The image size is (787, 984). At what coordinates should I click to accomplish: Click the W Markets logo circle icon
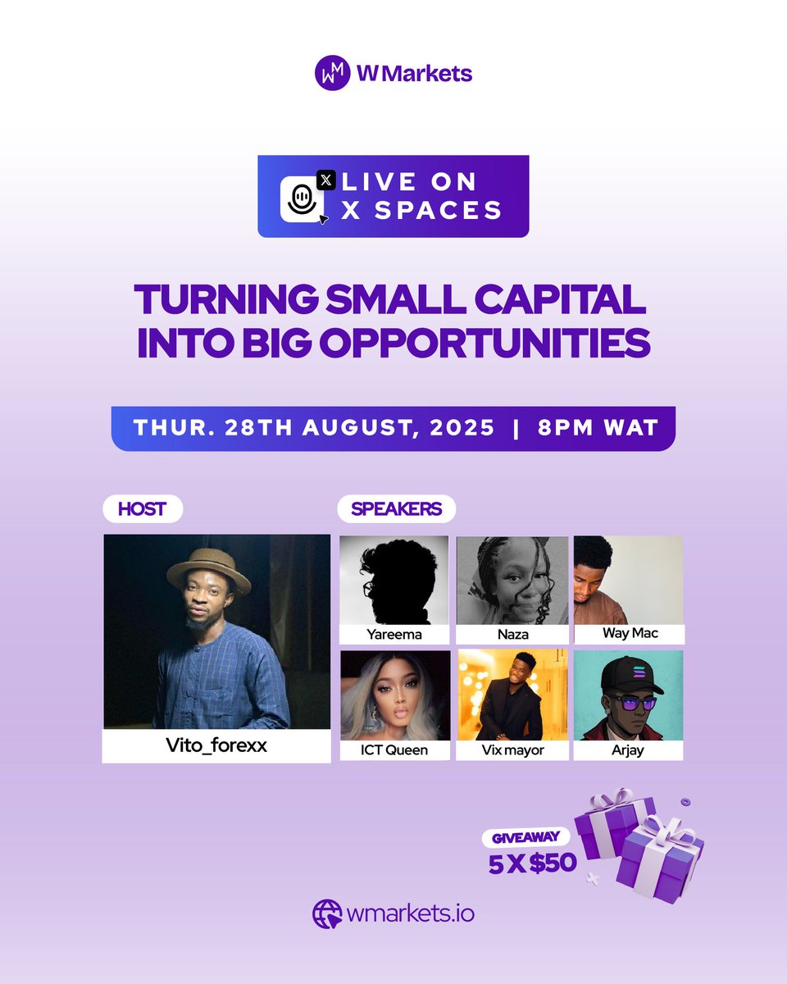click(x=333, y=73)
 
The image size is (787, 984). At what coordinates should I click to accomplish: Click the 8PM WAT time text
click(x=597, y=428)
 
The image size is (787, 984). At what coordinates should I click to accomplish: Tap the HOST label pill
click(x=142, y=508)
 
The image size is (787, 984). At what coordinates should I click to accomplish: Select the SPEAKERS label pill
click(x=396, y=508)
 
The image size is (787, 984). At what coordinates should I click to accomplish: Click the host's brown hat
click(x=208, y=570)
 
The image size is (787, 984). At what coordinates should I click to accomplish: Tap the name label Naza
click(x=512, y=634)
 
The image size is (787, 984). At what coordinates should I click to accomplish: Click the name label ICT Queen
click(x=395, y=749)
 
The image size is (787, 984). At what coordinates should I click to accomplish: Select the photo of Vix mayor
click(x=512, y=695)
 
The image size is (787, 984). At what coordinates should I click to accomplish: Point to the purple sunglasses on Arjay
click(x=633, y=703)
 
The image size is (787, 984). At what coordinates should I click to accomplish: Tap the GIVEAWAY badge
click(x=525, y=838)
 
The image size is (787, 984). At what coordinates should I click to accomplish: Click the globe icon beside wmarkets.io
click(x=327, y=913)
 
